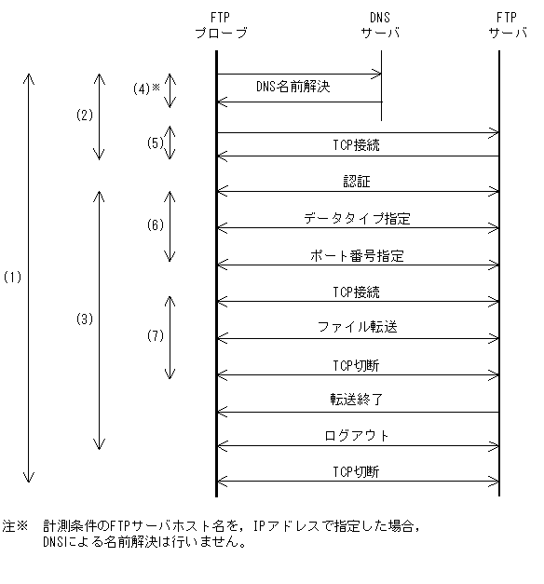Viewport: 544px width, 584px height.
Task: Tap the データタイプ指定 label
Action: pyautogui.click(x=357, y=219)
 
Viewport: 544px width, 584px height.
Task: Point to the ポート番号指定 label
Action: pyautogui.click(x=357, y=255)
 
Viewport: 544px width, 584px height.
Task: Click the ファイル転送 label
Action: pyautogui.click(x=357, y=328)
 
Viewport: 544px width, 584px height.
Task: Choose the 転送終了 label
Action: pyautogui.click(x=357, y=401)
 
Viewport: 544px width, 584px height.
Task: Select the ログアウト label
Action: pyautogui.click(x=357, y=436)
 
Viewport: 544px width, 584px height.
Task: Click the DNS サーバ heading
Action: pyautogui.click(x=381, y=26)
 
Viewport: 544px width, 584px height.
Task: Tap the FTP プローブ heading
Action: pyautogui.click(x=221, y=26)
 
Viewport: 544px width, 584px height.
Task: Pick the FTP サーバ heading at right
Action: pyautogui.click(x=505, y=26)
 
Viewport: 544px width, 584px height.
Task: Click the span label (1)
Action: pyautogui.click(x=13, y=278)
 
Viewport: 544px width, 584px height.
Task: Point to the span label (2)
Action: pyautogui.click(x=85, y=115)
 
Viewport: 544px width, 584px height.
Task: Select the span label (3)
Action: pyautogui.click(x=85, y=319)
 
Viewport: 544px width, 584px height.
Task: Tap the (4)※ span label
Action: pyautogui.click(x=147, y=89)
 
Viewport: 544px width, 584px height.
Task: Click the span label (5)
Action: pyautogui.click(x=156, y=143)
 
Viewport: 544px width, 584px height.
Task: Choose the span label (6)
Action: pyautogui.click(x=156, y=225)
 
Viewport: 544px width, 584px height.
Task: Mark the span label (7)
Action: pyautogui.click(x=156, y=335)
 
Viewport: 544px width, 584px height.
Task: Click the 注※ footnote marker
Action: pyautogui.click(x=16, y=527)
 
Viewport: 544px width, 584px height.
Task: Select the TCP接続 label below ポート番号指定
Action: pyautogui.click(x=357, y=292)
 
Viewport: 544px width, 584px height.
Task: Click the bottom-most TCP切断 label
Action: pyautogui.click(x=357, y=472)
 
